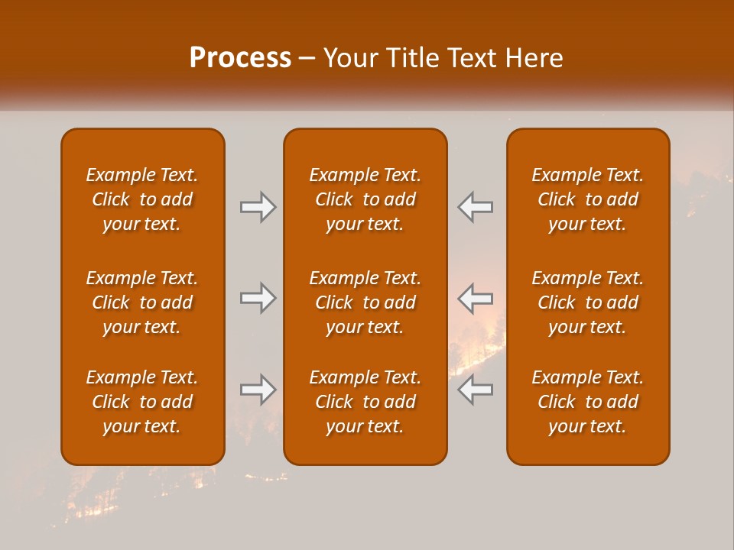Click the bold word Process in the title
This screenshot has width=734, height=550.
pos(240,58)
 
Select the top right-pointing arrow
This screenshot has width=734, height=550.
pos(258,207)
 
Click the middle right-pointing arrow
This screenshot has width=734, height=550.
pos(258,298)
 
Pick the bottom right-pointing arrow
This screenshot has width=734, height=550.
pos(258,390)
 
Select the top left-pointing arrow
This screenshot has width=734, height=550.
pos(476,207)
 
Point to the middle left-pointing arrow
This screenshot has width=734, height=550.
pos(476,298)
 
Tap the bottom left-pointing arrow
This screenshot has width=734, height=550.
pos(476,390)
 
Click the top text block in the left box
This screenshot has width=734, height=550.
pos(142,199)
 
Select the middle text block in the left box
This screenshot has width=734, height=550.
pos(142,302)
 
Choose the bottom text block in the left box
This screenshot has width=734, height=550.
pos(142,402)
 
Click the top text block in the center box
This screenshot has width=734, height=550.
pos(365,199)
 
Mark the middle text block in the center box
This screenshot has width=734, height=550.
pos(365,302)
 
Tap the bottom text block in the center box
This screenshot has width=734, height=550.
pos(365,402)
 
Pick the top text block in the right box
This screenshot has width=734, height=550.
pos(587,199)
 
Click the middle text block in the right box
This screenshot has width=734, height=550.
pos(587,302)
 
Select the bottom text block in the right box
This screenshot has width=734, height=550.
pos(587,402)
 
